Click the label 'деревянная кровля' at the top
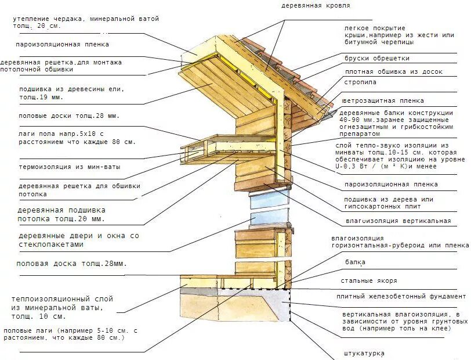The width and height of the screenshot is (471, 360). coord(316,5)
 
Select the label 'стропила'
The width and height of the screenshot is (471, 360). coord(360,82)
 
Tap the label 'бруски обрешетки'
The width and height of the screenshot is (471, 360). coord(377,58)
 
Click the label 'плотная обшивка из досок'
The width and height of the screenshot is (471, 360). coord(394,72)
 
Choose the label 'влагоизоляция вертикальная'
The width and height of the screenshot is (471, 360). coord(398,221)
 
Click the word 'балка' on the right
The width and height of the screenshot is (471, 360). coord(355,262)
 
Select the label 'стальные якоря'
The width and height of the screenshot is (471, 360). coord(369,280)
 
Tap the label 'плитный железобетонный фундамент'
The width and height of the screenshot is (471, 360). coord(401,297)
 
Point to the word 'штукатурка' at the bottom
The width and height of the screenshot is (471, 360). coord(363,353)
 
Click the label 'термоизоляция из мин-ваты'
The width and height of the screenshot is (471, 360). coord(70,167)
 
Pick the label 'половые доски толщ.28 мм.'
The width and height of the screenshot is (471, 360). coord(68,116)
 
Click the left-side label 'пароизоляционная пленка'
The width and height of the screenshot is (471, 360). coord(62,44)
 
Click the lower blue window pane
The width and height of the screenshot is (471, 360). coord(269,218)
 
